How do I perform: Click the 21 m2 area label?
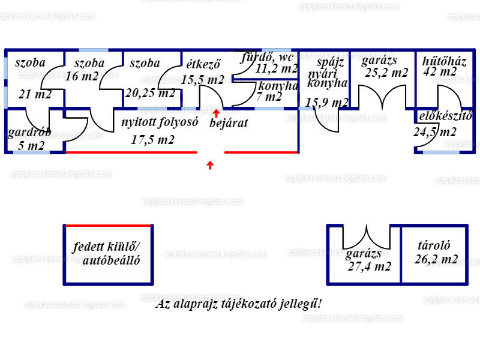coord(35,94)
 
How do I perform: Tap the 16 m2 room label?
coord(82,76)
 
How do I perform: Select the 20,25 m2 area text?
coord(151,93)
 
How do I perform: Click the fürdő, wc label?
coord(267,58)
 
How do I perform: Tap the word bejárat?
coord(229,124)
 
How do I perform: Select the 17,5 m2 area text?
coord(153,140)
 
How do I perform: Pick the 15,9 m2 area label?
coord(327,103)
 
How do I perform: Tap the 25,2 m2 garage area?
coord(386,73)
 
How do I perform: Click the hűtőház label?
coord(444,61)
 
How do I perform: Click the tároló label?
coord(434,245)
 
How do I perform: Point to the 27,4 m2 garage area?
coord(369,266)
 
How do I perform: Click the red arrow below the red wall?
coord(210,164)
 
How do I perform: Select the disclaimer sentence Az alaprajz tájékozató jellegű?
coord(239,304)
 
